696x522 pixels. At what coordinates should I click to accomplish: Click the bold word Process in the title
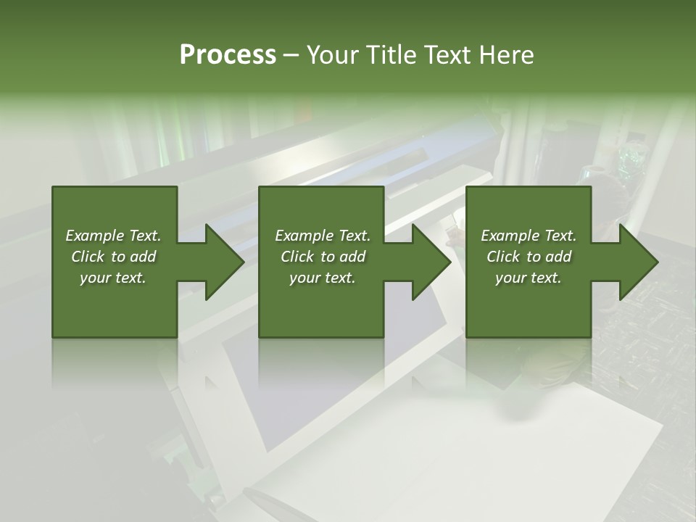228,55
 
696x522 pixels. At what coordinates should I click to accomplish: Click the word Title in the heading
392,55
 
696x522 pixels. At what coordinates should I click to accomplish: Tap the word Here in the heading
507,55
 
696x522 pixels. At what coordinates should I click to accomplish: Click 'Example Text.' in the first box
113,236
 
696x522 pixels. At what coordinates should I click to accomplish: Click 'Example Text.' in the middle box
323,236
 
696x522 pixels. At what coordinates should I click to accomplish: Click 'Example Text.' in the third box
529,236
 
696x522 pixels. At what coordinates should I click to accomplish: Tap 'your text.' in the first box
113,278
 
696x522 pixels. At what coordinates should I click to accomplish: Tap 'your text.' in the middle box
323,278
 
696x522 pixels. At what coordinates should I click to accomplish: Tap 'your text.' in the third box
529,278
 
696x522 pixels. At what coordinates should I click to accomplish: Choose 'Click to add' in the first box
113,257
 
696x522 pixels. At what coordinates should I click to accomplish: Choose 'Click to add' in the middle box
323,257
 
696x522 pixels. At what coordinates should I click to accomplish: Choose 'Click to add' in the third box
529,257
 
